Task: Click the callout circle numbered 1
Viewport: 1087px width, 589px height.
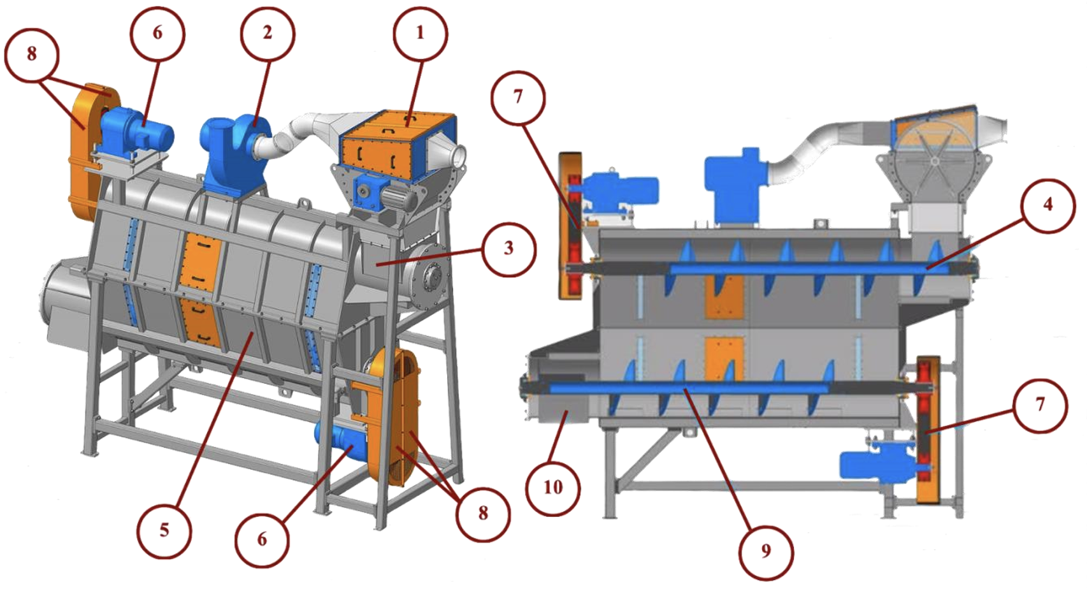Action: [x=421, y=34]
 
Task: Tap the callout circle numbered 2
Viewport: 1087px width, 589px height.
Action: [x=268, y=34]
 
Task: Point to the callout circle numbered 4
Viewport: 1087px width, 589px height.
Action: [x=1047, y=205]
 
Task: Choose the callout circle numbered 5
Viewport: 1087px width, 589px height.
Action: [x=164, y=530]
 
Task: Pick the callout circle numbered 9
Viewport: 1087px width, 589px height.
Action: [x=766, y=551]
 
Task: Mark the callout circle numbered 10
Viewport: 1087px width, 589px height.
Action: [x=552, y=487]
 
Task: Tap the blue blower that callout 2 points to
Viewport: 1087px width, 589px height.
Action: [x=235, y=156]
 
